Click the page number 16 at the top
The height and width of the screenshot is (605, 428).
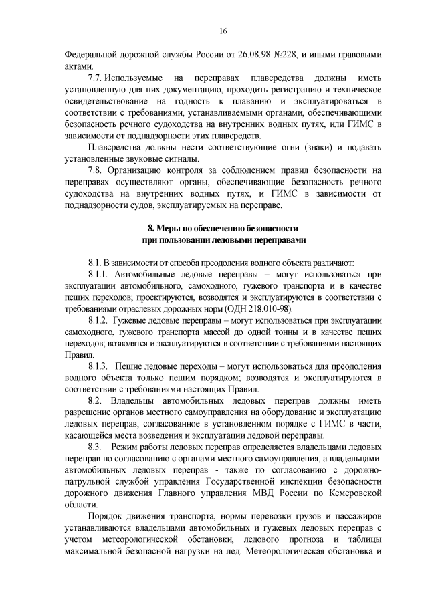click(x=223, y=30)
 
